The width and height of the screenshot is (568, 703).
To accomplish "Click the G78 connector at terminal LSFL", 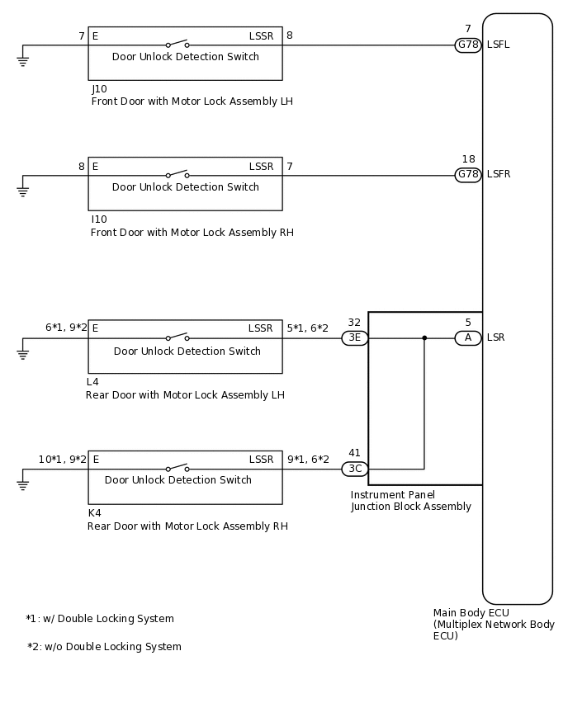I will pyautogui.click(x=468, y=45).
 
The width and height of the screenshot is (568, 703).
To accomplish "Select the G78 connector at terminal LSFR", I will pyautogui.click(x=468, y=175).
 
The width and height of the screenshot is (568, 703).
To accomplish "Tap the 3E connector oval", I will pyautogui.click(x=355, y=337).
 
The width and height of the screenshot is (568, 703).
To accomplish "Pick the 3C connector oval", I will pyautogui.click(x=355, y=469).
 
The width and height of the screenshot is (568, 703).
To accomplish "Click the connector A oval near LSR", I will pyautogui.click(x=468, y=337).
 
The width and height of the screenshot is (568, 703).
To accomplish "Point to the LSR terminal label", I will pyautogui.click(x=496, y=337).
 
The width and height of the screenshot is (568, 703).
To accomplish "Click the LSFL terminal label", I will pyautogui.click(x=499, y=45).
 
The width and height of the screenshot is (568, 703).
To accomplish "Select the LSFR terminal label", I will pyautogui.click(x=499, y=175).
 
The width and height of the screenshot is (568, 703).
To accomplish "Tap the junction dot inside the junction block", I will pyautogui.click(x=424, y=337).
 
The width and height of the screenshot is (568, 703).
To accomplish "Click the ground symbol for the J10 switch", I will pyautogui.click(x=23, y=59).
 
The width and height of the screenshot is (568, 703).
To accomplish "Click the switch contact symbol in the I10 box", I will pyautogui.click(x=177, y=174).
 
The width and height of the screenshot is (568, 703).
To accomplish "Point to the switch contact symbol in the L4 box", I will pyautogui.click(x=177, y=337).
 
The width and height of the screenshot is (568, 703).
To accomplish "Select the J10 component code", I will pyautogui.click(x=99, y=89).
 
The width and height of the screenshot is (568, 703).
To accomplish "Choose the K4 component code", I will pyautogui.click(x=95, y=513).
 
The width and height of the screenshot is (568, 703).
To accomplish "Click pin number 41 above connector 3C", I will pyautogui.click(x=354, y=453).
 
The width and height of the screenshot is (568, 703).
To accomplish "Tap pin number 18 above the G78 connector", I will pyautogui.click(x=468, y=159).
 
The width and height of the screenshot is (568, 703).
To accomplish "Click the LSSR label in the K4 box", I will pyautogui.click(x=260, y=459).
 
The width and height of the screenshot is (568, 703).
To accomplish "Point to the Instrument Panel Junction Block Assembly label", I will pyautogui.click(x=410, y=501).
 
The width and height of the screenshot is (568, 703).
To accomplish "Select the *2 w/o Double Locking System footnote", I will pyautogui.click(x=104, y=647).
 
